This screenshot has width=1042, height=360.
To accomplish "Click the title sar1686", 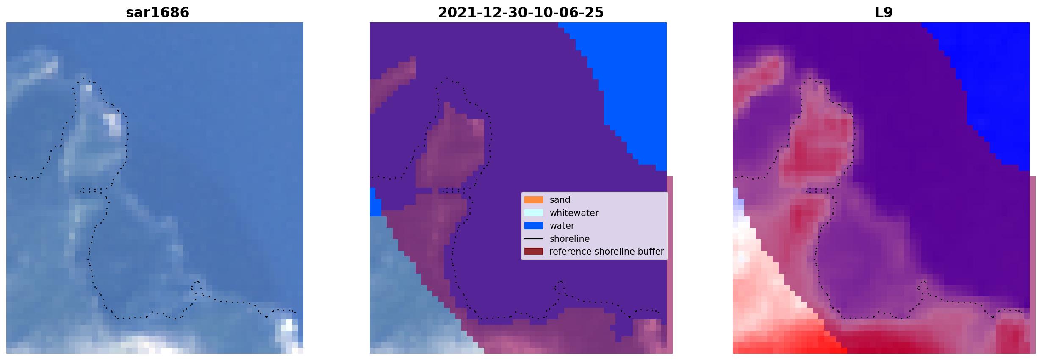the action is pos(158,13).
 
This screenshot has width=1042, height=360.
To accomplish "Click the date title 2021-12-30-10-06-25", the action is pos(521,13).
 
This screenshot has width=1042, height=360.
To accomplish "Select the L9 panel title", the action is pos(884,13).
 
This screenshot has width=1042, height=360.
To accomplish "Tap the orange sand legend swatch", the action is pos(534,200).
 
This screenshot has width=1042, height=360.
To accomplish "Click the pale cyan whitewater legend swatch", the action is pos(534,213).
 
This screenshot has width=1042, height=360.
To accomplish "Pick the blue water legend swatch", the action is pos(534,226).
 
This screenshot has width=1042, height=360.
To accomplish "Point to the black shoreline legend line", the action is pos(534,239).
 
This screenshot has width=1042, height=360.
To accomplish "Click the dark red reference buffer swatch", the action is pos(534,252).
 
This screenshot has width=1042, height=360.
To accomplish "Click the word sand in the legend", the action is pos(560,200).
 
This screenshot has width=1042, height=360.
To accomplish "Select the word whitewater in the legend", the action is pos(574,213).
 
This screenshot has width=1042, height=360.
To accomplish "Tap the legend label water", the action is pos(562,226).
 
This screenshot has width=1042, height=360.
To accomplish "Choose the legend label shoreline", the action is pos(570,239).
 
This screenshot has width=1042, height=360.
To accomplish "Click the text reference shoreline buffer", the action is pos(607,252).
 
